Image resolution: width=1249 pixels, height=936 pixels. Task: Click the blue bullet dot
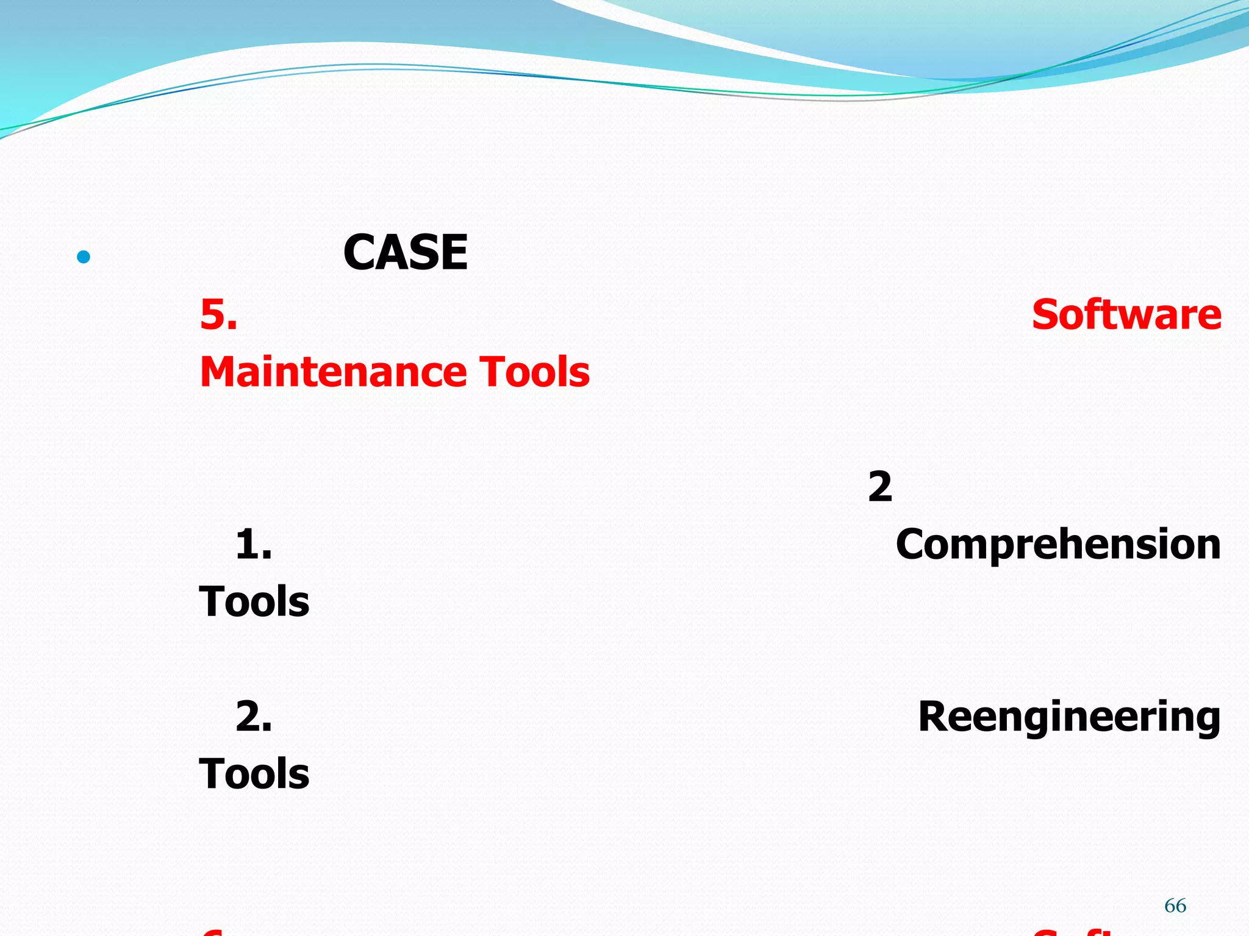[x=84, y=257]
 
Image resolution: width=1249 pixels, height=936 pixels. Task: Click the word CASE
[x=405, y=253]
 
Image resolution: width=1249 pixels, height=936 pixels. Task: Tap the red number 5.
[x=218, y=316]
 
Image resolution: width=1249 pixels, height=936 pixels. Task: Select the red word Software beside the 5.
[x=1126, y=315]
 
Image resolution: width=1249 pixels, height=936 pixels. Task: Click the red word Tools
[x=534, y=372]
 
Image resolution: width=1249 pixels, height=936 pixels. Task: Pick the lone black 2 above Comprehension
[x=880, y=487]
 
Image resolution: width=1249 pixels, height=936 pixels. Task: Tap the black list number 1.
[x=253, y=544]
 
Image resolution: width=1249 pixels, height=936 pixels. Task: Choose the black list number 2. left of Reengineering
[x=253, y=717]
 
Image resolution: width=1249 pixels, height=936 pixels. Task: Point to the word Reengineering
[x=1069, y=718]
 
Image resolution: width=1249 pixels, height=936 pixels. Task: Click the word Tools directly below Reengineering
[x=254, y=774]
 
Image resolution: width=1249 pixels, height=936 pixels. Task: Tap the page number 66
[x=1175, y=906]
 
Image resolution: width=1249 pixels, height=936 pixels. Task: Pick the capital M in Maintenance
[x=219, y=372]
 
